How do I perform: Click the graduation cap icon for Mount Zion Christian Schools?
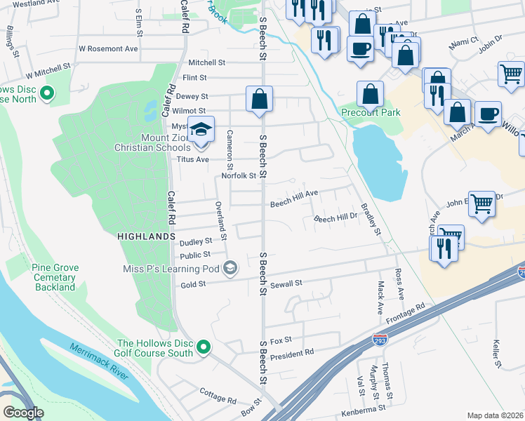tap(201, 131)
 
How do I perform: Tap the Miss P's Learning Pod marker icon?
tap(230, 267)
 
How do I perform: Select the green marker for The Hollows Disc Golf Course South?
tap(204, 347)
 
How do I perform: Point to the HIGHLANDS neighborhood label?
tap(146, 237)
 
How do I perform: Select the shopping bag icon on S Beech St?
tap(259, 98)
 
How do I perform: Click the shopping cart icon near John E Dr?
tap(482, 204)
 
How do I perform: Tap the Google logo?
tap(23, 412)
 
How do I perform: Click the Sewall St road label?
tap(287, 283)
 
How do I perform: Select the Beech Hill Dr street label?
tap(335, 219)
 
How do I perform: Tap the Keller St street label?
tap(497, 354)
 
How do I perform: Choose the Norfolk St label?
tap(237, 176)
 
